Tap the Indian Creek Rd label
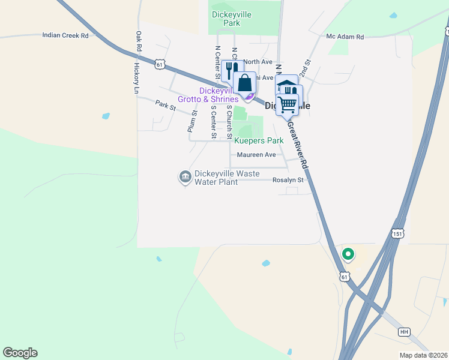point(65,35)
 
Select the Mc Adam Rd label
point(345,37)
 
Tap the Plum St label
point(192,121)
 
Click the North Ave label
point(258,62)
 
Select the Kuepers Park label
point(258,141)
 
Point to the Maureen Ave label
point(256,155)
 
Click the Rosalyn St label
point(289,179)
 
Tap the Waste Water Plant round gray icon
point(185,176)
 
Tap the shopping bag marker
point(245,82)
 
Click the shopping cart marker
point(287,104)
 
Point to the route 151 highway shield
point(399,233)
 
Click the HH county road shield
point(404,332)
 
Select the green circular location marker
point(348,254)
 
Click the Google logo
point(20,353)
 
